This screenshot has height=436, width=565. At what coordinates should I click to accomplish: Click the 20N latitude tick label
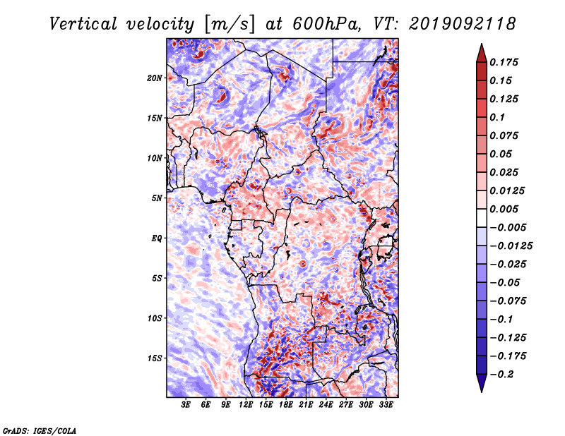click(154, 78)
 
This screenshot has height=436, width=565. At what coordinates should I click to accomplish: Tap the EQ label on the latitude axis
click(156, 238)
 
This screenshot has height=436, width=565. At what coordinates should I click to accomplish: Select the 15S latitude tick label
click(154, 358)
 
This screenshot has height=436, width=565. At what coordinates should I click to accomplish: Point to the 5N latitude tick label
click(156, 198)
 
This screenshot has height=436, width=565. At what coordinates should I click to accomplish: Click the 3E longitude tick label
click(186, 405)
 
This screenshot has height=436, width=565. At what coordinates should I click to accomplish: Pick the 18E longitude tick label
click(286, 405)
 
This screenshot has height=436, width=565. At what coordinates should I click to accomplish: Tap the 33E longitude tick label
click(386, 405)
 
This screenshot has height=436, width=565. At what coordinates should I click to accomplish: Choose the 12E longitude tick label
click(246, 405)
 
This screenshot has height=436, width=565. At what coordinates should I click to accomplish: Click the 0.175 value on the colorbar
click(504, 62)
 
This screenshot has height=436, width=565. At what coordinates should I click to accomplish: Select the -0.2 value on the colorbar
click(501, 375)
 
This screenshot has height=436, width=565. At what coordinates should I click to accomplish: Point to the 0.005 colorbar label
click(504, 209)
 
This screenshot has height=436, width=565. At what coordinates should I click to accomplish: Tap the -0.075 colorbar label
click(508, 301)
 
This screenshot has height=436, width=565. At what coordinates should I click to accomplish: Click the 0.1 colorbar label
click(497, 117)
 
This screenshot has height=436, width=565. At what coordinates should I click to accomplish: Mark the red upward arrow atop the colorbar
click(482, 53)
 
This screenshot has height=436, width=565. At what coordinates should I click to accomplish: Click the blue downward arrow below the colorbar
click(482, 383)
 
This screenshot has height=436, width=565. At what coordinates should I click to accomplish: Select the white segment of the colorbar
click(482, 218)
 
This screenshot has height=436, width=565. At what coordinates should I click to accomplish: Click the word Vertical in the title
click(83, 24)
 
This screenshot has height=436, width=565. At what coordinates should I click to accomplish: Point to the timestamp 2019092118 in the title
click(463, 24)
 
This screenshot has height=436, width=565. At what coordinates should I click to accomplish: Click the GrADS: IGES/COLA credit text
click(40, 430)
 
